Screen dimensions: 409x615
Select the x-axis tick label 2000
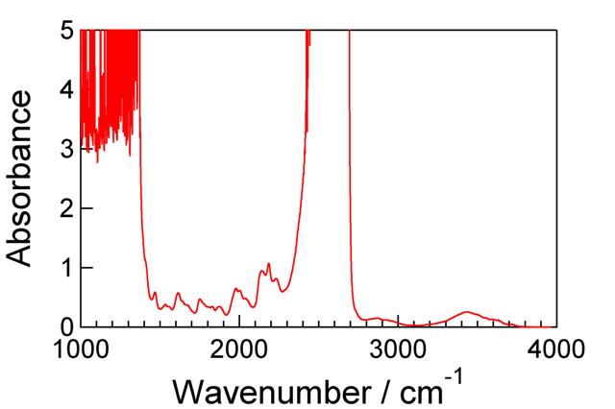coord(239,348)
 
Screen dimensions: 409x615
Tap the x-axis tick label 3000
coord(398,348)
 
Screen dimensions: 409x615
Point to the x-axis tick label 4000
coord(554,348)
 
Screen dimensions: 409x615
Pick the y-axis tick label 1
coord(64,268)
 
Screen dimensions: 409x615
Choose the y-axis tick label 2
coord(64,208)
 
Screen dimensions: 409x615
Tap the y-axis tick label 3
coord(64,149)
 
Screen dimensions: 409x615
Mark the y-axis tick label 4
coord(64,89)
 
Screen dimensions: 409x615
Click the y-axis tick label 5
coord(64,30)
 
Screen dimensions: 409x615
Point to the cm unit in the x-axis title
coord(417,391)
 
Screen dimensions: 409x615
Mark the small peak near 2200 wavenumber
coord(269,263)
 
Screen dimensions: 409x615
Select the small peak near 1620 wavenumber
coord(178,293)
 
